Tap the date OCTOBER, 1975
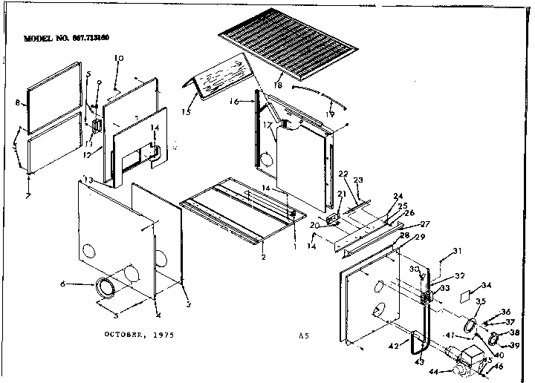[137, 335]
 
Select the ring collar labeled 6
[106, 287]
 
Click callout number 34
[487, 284]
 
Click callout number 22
[343, 174]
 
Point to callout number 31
[458, 250]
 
